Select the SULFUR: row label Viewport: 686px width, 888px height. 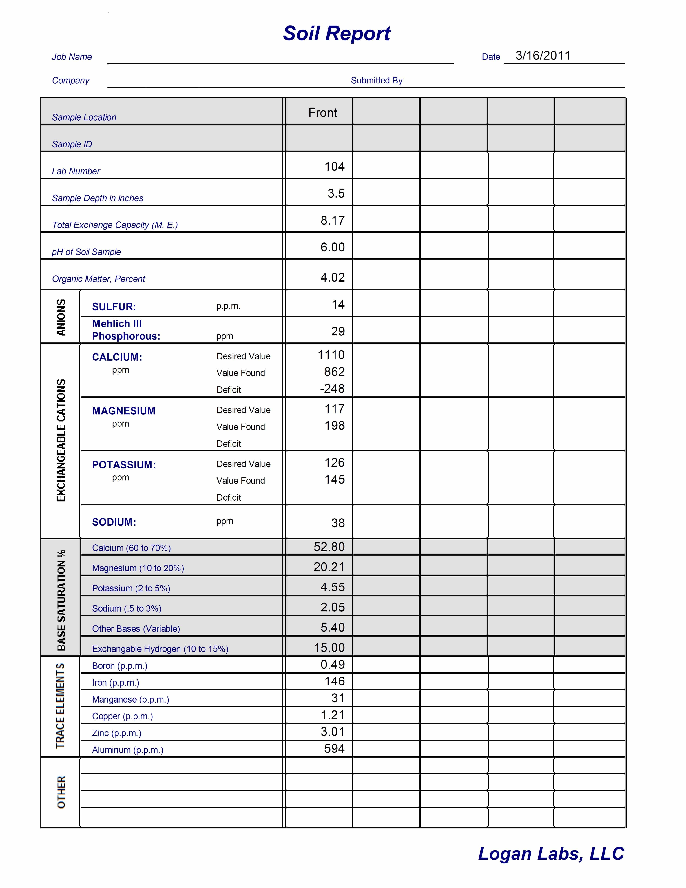tap(114, 307)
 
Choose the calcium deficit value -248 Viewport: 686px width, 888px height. tap(332, 389)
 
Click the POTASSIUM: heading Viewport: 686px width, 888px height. tap(124, 465)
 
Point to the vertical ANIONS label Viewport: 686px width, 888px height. tap(61, 317)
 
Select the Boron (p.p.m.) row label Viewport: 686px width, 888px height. tap(120, 666)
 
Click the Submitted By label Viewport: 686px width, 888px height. tap(377, 81)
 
